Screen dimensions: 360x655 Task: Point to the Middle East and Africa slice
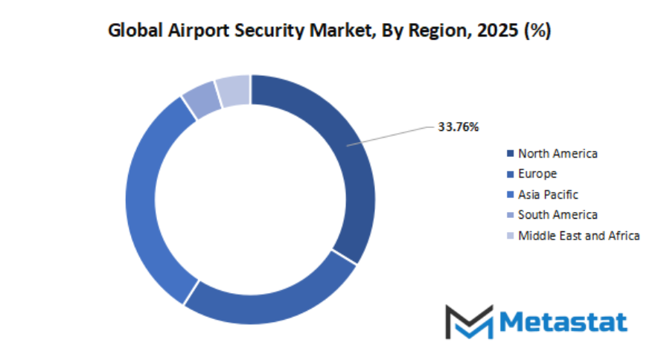point(233,90)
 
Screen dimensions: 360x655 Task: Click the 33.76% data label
point(458,127)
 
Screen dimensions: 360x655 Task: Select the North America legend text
point(557,154)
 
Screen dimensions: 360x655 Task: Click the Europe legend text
point(537,174)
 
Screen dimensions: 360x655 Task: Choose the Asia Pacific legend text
point(548,195)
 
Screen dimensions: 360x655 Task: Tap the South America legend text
point(557,215)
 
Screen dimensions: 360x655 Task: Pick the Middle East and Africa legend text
point(579,236)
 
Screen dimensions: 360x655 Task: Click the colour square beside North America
point(510,154)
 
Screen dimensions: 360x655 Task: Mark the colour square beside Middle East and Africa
point(510,236)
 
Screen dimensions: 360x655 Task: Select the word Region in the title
point(434,32)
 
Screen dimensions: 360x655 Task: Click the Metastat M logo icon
point(469,322)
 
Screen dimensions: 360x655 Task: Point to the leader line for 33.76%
point(391,135)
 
